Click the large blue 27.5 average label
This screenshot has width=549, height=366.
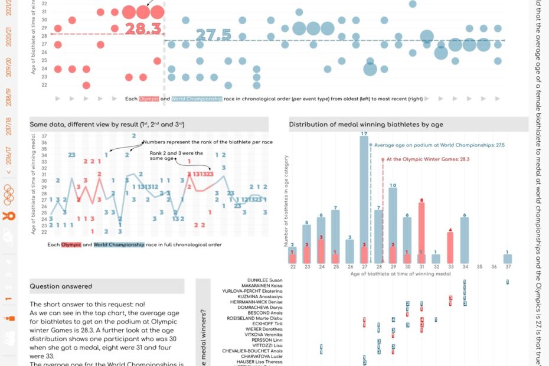(213, 35)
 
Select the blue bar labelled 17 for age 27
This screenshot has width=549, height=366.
(364, 201)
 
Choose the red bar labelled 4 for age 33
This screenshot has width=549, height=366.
(450, 248)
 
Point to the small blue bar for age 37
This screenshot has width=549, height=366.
(507, 259)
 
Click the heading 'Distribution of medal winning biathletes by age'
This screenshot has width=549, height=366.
(366, 125)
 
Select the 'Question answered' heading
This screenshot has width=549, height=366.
(61, 286)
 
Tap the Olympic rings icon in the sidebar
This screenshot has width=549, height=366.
(8, 191)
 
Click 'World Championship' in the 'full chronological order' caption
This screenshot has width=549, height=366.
(119, 244)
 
